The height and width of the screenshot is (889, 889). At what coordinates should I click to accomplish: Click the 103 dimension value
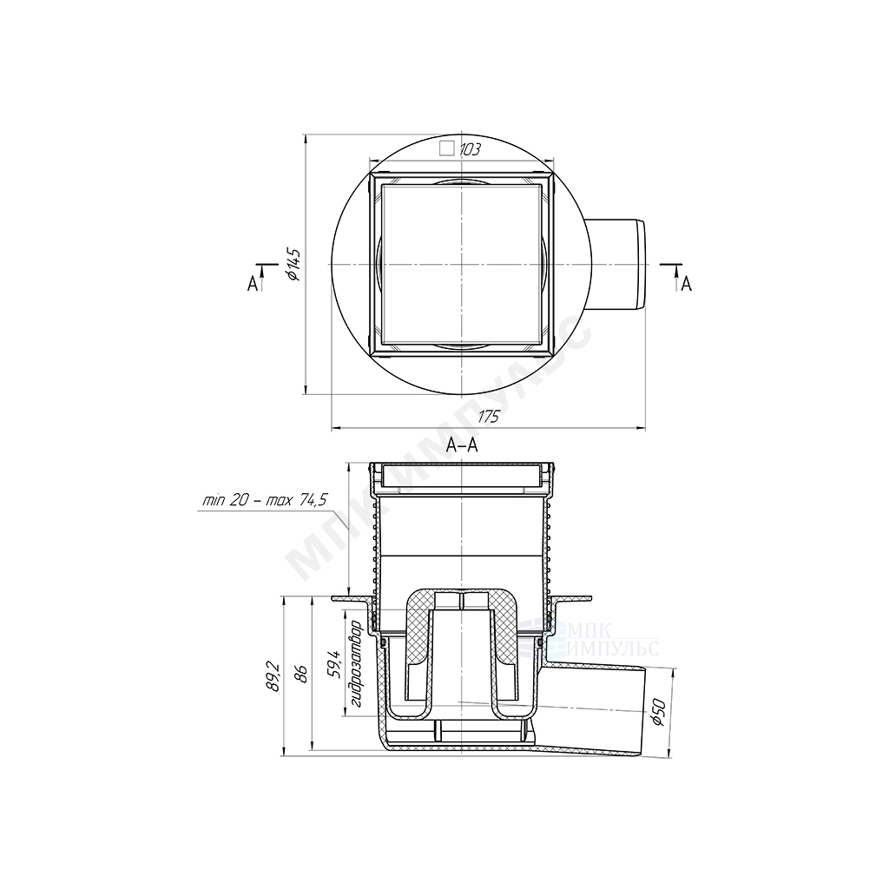470,149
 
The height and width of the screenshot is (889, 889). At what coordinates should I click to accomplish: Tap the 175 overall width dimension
488,417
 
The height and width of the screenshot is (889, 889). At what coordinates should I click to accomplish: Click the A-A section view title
462,445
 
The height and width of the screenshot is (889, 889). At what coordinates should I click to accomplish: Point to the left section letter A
253,284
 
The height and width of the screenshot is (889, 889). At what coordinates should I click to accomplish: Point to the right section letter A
687,284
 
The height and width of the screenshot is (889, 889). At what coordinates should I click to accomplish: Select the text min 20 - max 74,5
266,500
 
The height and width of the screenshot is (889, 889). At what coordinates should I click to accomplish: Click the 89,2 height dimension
273,675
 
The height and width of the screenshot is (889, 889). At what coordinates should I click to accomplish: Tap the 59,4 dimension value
334,664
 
